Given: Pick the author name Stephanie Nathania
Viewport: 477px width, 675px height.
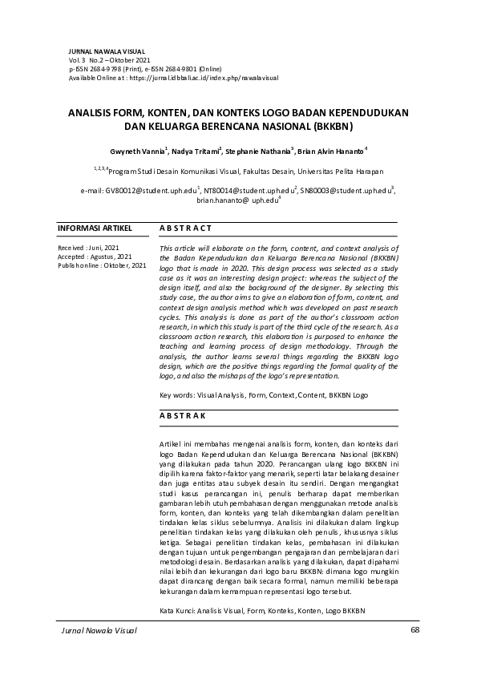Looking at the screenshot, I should tap(258, 151).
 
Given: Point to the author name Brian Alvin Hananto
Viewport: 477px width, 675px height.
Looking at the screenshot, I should tap(333, 151).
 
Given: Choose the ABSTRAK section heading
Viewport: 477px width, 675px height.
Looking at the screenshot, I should tap(183, 415).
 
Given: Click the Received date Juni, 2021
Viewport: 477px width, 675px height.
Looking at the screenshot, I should tap(102, 249).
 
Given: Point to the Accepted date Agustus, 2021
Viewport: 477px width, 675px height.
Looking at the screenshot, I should tap(108, 257).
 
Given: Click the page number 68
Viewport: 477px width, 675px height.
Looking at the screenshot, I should tap(414, 630).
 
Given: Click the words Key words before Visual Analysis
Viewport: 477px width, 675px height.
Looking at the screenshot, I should tap(176, 395).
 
